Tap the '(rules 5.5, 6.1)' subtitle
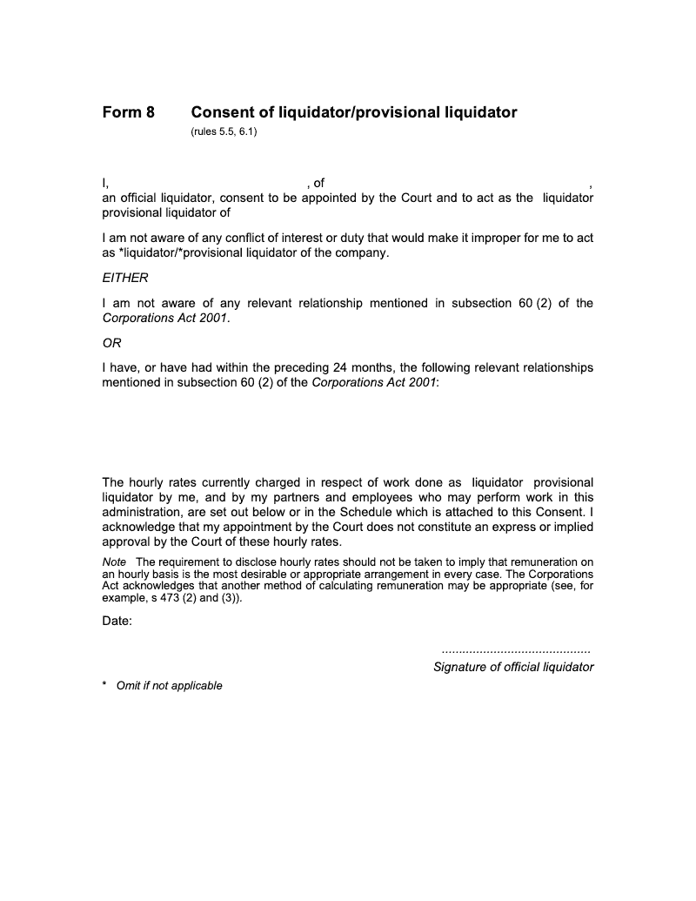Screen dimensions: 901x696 click(x=224, y=132)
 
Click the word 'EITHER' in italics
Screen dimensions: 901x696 click(x=125, y=278)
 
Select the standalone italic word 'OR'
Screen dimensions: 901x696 click(x=112, y=342)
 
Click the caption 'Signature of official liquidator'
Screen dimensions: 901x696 click(x=513, y=667)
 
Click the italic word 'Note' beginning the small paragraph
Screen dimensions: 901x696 click(x=114, y=561)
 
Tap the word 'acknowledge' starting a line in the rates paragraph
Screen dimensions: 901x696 click(x=140, y=527)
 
